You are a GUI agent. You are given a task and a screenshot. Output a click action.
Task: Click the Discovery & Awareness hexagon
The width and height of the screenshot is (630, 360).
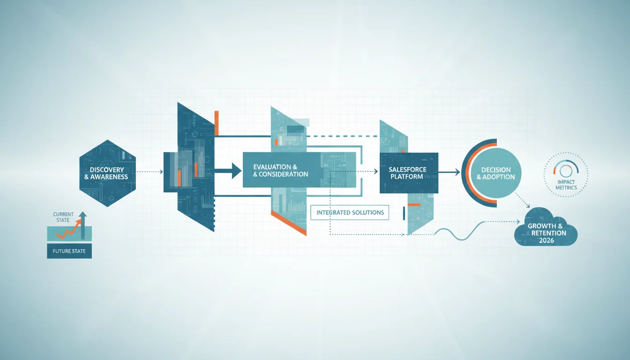(108, 173)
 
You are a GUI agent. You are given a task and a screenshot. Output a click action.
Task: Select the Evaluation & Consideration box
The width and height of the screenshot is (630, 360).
(299, 170)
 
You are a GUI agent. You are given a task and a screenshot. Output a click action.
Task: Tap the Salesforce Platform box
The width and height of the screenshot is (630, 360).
(409, 173)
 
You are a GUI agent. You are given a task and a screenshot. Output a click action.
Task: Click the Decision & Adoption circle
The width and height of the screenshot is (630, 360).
(495, 173)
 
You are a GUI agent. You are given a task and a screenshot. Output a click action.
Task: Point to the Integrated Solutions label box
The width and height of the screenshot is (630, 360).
(350, 212)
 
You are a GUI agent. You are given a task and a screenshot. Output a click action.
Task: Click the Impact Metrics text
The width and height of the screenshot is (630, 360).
(566, 185)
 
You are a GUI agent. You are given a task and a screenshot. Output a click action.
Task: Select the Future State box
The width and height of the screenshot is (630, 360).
(69, 251)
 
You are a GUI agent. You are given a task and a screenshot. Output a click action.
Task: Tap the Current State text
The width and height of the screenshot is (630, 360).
(63, 217)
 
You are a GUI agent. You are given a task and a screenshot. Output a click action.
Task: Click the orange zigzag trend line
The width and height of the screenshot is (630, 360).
(69, 229)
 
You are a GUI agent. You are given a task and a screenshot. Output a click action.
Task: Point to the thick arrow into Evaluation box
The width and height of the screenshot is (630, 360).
(228, 171)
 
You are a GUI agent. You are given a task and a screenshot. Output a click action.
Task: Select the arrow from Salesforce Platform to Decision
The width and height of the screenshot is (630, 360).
(449, 172)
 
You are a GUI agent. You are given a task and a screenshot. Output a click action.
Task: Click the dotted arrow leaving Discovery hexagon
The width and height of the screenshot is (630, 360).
(150, 172)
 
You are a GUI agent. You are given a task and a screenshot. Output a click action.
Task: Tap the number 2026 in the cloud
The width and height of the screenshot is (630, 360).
(547, 240)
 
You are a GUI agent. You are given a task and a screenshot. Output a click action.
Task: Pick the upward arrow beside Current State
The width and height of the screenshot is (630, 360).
(82, 225)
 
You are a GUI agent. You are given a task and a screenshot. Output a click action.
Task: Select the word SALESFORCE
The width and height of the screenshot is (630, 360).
(407, 169)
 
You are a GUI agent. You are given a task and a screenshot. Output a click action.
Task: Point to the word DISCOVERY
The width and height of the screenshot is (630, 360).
(107, 170)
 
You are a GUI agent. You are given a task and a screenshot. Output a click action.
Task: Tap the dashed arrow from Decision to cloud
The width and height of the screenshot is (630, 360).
(523, 200)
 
